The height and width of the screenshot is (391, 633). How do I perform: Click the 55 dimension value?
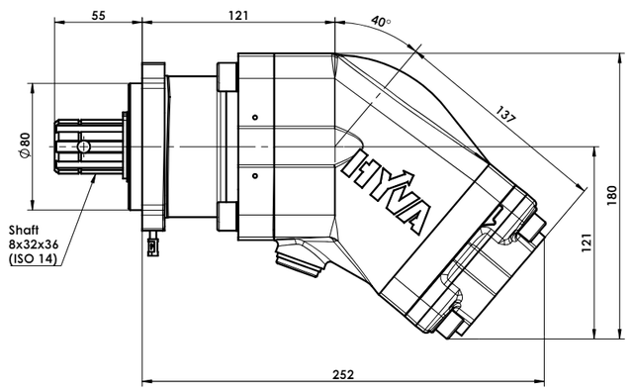(x=98, y=16)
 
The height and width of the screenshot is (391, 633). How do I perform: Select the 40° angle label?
(x=381, y=21)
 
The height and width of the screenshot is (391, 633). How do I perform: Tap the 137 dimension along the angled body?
(x=505, y=114)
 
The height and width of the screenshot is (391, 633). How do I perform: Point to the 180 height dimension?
(x=612, y=196)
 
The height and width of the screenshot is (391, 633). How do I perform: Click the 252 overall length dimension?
(x=343, y=374)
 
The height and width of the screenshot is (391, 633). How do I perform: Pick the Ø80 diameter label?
(x=25, y=145)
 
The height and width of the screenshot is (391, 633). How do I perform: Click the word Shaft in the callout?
(x=24, y=231)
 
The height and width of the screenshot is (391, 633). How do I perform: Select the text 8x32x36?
(x=34, y=244)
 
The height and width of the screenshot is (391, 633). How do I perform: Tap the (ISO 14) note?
(x=33, y=258)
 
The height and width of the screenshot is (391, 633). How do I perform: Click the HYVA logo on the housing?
(x=387, y=191)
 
